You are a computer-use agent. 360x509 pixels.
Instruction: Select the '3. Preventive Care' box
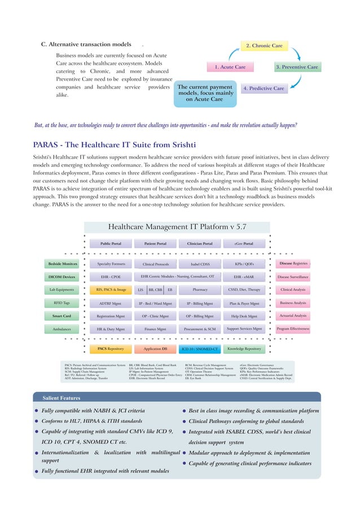click(297, 67)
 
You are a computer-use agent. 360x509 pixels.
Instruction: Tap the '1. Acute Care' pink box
click(233, 67)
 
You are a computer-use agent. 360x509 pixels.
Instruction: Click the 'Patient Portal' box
click(155, 244)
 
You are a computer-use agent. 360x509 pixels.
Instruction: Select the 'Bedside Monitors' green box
click(62, 264)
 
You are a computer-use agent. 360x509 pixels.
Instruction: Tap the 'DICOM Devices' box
click(62, 277)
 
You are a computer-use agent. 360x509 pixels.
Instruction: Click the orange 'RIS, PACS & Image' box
click(111, 290)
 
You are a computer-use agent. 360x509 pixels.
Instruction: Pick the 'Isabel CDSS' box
click(200, 264)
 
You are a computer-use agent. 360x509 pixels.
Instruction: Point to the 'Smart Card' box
click(62, 317)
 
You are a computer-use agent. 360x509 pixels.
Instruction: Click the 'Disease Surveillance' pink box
click(292, 277)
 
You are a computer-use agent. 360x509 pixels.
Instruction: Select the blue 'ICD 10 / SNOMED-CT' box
click(200, 349)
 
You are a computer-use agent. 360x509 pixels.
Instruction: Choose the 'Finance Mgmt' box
click(155, 328)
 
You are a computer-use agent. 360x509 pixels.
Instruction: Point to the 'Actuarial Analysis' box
click(292, 316)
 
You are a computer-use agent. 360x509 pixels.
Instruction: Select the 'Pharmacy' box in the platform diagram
click(200, 290)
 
